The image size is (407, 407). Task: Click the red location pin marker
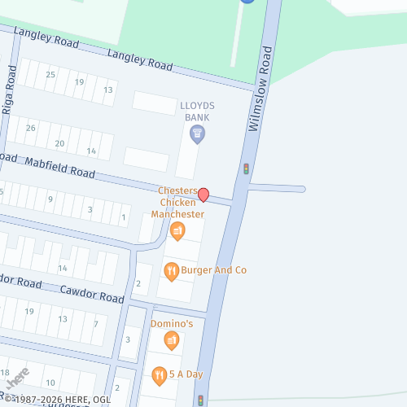[203, 195]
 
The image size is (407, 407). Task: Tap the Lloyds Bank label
[197, 112]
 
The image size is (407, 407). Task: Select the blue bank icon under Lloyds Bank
[197, 133]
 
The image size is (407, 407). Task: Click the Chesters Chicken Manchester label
[181, 202]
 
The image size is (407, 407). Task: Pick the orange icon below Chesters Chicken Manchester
[177, 232]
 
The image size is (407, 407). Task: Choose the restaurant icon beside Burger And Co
[171, 270]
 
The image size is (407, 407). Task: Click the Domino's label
[172, 324]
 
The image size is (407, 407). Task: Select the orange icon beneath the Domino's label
[172, 340]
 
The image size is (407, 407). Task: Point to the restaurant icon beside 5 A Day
[160, 374]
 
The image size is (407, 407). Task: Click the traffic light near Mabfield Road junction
[246, 169]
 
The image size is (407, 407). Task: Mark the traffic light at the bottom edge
[200, 400]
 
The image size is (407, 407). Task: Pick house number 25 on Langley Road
[50, 75]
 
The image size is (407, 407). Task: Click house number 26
[31, 128]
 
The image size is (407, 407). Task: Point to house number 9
[50, 199]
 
